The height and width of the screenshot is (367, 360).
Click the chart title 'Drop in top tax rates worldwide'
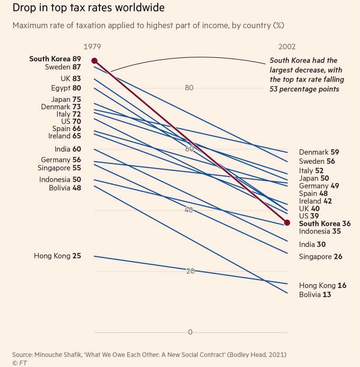tap(88, 8)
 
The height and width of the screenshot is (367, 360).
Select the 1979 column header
tap(92, 47)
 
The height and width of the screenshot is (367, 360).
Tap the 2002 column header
tap(287, 47)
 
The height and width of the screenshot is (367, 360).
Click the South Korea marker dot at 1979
tap(95, 61)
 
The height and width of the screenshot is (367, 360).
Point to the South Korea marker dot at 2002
tap(287, 223)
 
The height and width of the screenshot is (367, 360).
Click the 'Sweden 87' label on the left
tap(63, 67)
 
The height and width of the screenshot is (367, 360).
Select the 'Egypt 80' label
tap(66, 88)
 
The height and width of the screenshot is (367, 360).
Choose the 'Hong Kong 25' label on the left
tap(58, 256)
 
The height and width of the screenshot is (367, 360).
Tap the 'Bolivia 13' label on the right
tap(315, 295)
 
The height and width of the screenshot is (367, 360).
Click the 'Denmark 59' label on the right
tap(319, 152)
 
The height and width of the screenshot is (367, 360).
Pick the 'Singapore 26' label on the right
tap(321, 257)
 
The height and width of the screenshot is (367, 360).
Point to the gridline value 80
tap(189, 88)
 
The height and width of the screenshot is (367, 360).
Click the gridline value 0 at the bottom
tap(190, 332)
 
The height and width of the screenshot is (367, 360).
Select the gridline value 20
tap(190, 271)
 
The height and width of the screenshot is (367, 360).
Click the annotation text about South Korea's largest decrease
tap(306, 75)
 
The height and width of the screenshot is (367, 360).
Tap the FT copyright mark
tap(20, 363)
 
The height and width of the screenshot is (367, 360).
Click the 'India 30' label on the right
tap(312, 244)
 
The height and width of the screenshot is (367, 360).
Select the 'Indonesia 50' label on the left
tap(60, 179)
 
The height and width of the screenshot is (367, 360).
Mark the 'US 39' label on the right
tap(309, 216)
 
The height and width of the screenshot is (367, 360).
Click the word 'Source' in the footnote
tap(22, 355)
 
